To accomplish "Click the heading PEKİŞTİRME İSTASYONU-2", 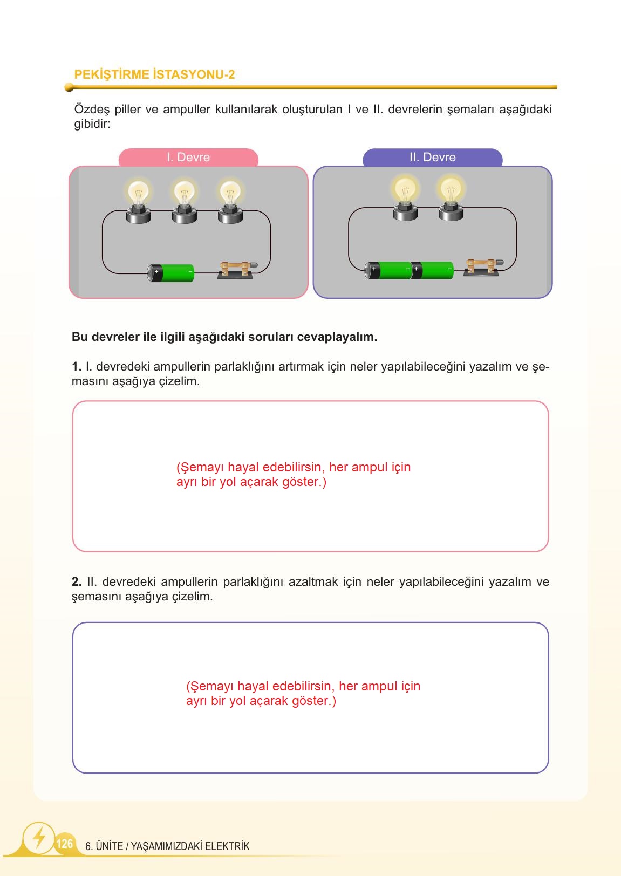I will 154,74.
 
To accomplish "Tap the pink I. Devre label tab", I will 188,158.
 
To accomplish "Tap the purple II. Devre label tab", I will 432,158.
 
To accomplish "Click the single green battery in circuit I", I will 172,273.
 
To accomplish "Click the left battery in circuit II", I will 388,270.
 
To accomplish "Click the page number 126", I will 64,844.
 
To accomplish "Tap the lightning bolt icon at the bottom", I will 39,837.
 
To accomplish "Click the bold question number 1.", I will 76,367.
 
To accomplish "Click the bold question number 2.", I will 76,582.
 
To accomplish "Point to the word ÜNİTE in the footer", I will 110,846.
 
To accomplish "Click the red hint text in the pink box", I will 293,475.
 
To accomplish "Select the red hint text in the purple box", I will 303,694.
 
